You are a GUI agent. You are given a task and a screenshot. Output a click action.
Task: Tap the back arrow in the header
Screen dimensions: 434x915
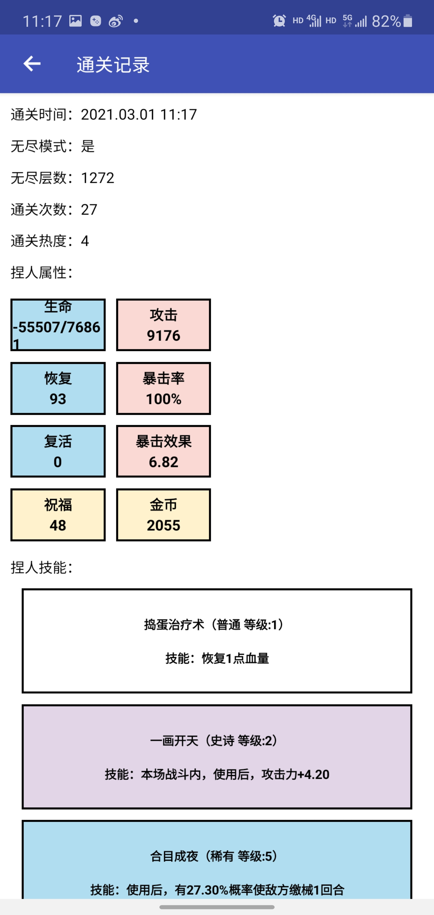(32, 64)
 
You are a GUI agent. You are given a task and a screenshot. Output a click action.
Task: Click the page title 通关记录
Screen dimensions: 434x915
(113, 65)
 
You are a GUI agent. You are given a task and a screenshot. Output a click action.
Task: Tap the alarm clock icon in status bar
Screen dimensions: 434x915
(279, 21)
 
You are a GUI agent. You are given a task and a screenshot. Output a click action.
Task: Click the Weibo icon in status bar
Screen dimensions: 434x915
(116, 21)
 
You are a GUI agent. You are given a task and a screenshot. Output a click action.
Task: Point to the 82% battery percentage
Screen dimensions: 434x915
(386, 21)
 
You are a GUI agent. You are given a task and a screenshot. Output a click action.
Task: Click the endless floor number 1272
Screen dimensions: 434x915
(97, 178)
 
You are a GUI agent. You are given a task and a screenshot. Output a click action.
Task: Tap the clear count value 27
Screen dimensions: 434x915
(89, 209)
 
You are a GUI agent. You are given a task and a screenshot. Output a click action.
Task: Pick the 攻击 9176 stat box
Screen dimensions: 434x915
(164, 325)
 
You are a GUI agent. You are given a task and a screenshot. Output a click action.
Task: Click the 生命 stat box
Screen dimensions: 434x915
(58, 325)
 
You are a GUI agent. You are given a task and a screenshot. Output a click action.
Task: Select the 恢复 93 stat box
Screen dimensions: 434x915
(58, 388)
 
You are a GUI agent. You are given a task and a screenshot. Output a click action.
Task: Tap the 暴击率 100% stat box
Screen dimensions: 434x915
(164, 388)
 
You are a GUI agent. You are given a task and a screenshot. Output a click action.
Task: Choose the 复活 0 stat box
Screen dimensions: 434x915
(58, 451)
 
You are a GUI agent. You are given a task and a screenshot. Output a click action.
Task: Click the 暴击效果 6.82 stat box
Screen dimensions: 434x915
(164, 451)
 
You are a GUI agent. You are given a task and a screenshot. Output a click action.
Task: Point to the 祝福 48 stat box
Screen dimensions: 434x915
(58, 515)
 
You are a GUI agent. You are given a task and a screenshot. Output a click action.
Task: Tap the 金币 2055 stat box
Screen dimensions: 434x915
(164, 515)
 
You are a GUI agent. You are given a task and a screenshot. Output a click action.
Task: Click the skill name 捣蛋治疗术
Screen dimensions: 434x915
(174, 625)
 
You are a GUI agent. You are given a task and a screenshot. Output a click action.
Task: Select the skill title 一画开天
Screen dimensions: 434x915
(174, 741)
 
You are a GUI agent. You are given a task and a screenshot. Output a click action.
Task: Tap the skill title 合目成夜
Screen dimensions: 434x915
(174, 857)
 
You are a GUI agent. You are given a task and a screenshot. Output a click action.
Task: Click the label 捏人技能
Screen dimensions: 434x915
(42, 568)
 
